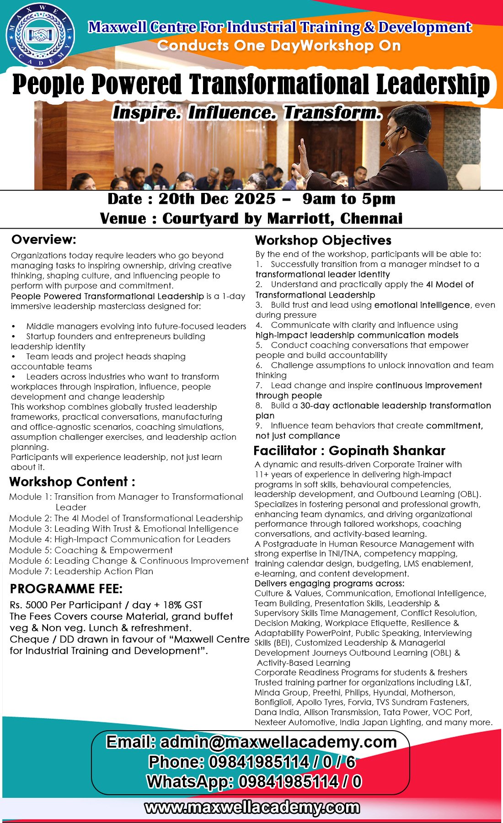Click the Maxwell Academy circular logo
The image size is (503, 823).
coord(40,35)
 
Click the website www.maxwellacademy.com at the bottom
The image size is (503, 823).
coord(252,808)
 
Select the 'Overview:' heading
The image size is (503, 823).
coord(44,240)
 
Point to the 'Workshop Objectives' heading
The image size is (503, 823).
coord(323,240)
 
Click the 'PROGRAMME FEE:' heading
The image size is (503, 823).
coord(66,589)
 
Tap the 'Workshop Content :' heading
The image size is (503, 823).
coord(72,482)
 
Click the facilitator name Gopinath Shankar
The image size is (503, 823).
coord(387,451)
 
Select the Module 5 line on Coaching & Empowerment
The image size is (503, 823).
coord(91,550)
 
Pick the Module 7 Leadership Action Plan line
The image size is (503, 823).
coord(81,571)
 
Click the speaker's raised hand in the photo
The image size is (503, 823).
coord(302,155)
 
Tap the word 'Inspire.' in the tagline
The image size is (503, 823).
coord(147,112)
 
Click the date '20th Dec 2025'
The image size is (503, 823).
coord(217,199)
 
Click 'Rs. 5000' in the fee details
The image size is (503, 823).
coord(29,605)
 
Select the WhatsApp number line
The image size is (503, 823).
coord(254,782)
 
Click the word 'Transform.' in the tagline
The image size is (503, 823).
coord(332,112)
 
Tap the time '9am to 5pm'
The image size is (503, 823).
coord(349,199)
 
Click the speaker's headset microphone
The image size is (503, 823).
coord(389,136)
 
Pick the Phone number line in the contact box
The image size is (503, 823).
coord(252,762)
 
